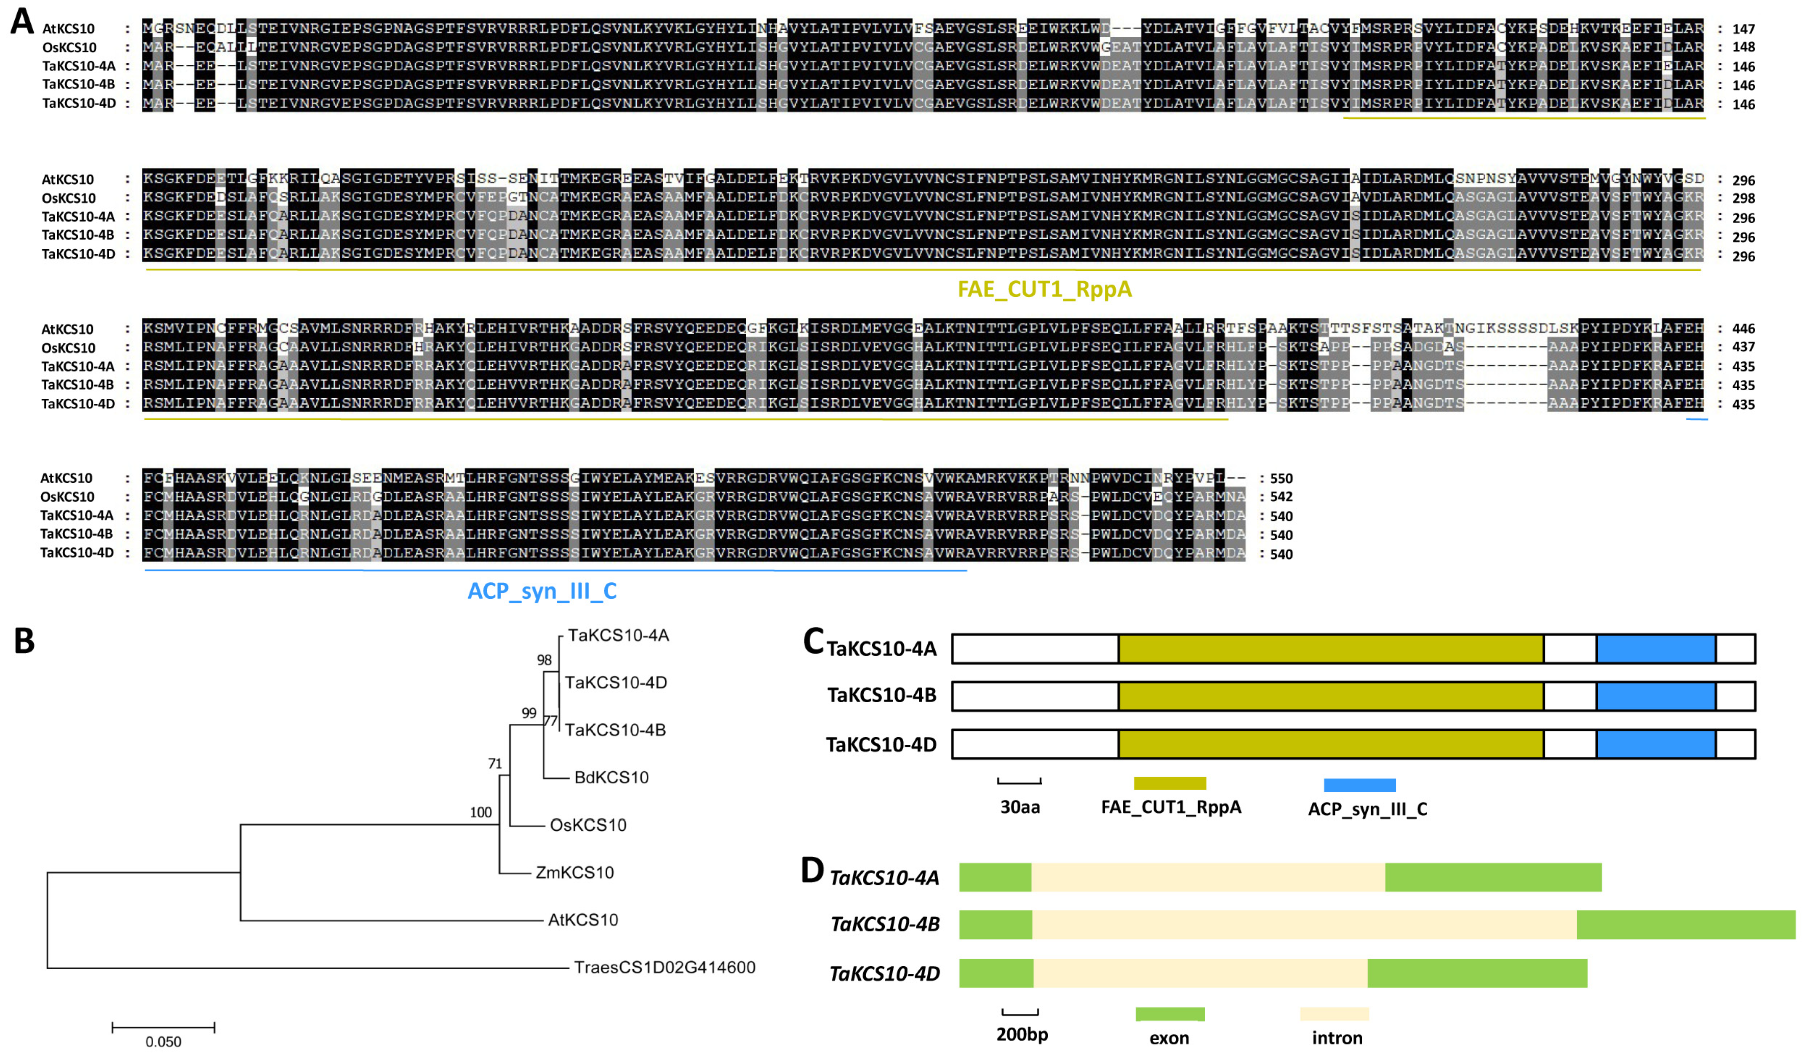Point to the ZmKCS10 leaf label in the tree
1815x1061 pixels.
point(574,872)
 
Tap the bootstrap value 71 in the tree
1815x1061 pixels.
point(495,763)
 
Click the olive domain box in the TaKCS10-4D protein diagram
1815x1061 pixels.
point(1330,744)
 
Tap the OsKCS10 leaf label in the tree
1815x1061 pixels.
point(588,825)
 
